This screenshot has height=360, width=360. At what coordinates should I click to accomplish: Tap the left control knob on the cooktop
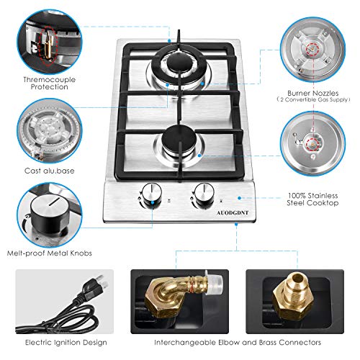click(x=151, y=193)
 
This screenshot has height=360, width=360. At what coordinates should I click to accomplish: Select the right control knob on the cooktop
click(x=204, y=193)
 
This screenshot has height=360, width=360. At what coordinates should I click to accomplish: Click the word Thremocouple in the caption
click(x=50, y=80)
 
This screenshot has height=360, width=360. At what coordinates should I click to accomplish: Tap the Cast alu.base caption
click(x=50, y=171)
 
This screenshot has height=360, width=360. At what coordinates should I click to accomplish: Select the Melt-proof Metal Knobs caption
click(x=50, y=253)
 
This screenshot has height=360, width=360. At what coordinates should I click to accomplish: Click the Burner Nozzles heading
click(x=313, y=93)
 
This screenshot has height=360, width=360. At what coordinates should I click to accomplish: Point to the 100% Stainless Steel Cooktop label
click(x=312, y=199)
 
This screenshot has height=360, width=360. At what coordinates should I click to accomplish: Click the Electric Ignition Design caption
click(x=66, y=343)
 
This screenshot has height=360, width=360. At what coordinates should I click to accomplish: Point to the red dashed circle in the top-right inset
click(x=312, y=50)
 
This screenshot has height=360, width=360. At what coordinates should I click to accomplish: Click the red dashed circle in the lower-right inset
click(x=312, y=144)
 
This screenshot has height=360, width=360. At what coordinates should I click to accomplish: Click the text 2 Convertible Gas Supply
click(x=314, y=100)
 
